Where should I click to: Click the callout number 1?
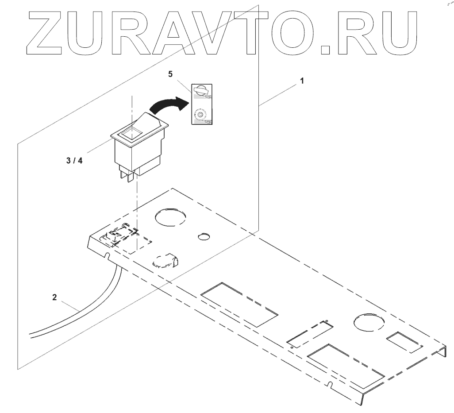[x=302, y=82]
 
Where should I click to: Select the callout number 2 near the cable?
[x=54, y=298]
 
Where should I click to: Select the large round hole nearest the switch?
[x=171, y=217]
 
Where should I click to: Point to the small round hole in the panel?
[x=204, y=236]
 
